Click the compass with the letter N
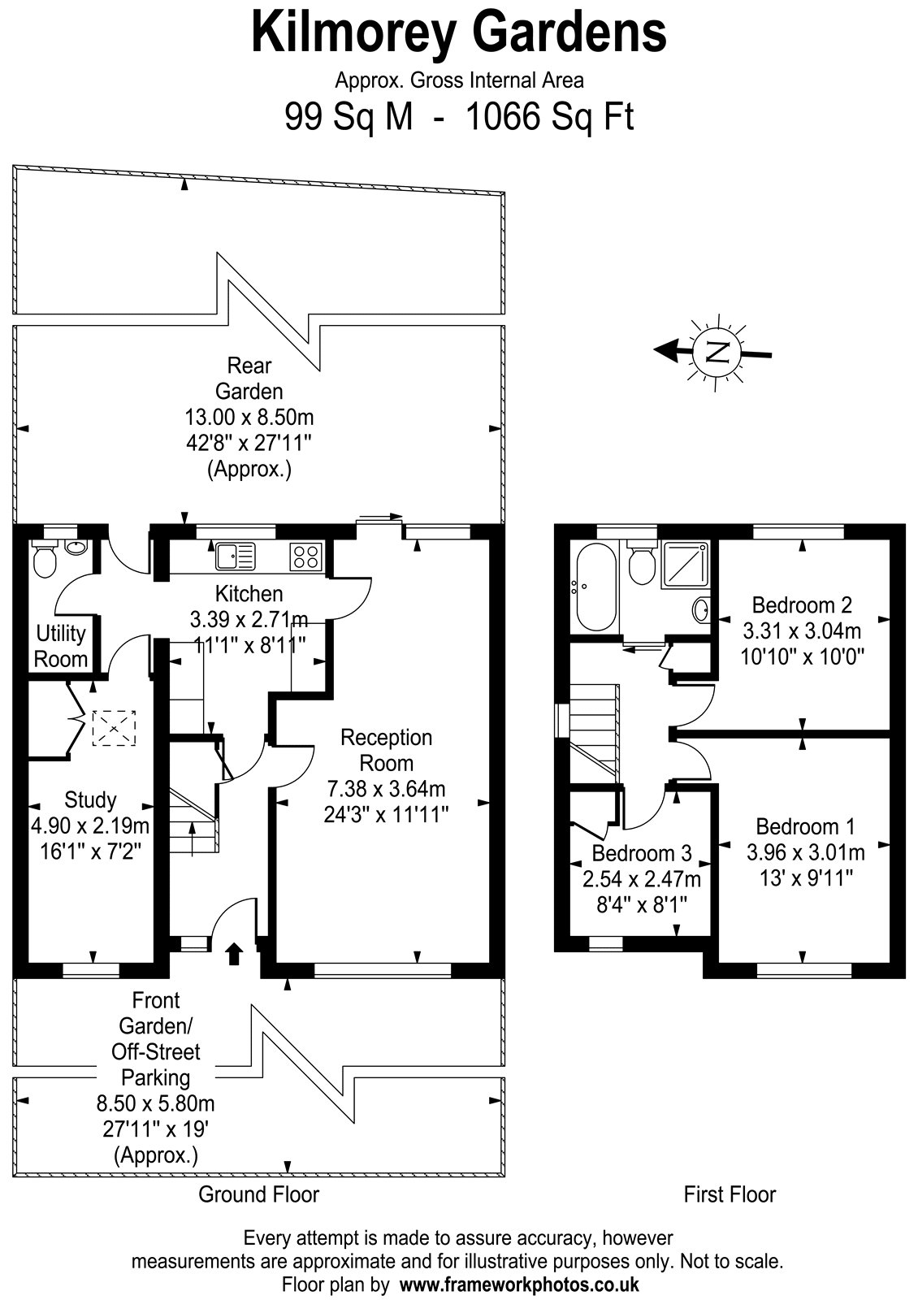pos(717,352)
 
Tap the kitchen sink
pos(235,556)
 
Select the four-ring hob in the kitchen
pos(305,556)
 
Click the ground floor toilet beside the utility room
pos(45,559)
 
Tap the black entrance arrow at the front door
pos(234,953)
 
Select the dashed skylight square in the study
pos(114,728)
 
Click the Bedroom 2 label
pos(802,604)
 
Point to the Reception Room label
pos(387,750)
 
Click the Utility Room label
pos(61,646)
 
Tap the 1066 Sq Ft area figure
pos(549,116)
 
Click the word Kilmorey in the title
pos(353,33)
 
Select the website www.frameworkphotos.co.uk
pos(519,1284)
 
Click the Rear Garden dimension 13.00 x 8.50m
pos(249,417)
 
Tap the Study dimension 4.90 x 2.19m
pos(90,825)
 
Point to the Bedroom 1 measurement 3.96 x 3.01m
pos(805,852)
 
